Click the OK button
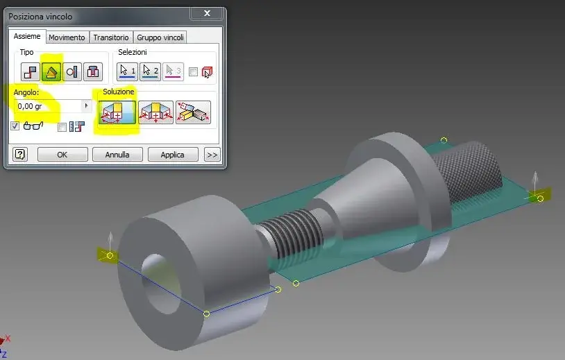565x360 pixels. [62, 155]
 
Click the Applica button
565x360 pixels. [172, 155]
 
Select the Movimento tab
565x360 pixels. [67, 37]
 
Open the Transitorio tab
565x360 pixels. [111, 37]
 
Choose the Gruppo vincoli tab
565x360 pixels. [160, 37]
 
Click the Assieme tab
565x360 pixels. [27, 36]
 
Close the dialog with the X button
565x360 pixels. [207, 13]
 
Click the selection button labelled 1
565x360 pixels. [128, 71]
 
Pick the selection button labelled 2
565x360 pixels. [150, 71]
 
